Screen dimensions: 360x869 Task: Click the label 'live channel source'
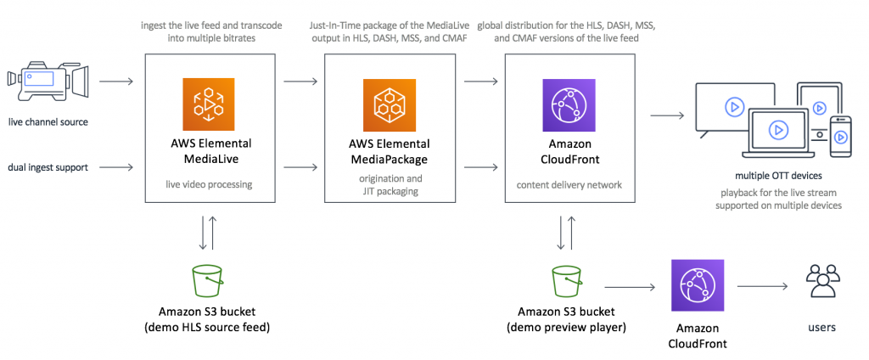(48, 122)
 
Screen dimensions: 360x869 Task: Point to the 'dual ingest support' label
(48, 167)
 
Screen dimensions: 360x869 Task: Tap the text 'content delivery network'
(569, 184)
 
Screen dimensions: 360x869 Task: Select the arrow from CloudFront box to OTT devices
(667, 115)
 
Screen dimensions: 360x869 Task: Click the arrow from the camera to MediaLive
(116, 82)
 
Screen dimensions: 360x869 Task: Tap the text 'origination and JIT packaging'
(389, 185)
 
